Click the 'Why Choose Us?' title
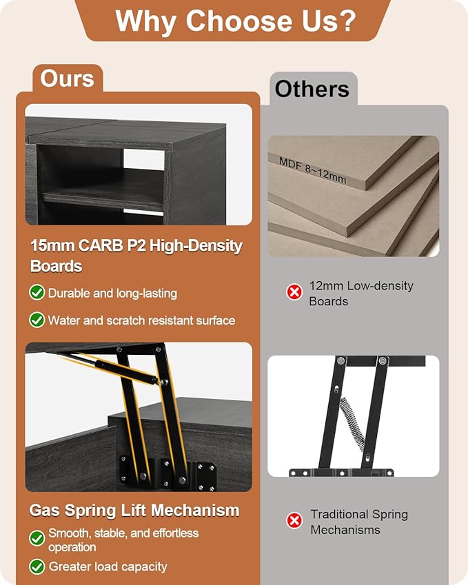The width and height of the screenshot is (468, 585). (236, 21)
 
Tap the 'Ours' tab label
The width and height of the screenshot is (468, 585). (67, 79)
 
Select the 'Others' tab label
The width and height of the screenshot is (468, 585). (312, 89)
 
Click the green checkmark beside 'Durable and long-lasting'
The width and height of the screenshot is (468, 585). (37, 292)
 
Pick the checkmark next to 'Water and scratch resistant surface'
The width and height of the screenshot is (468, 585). (37, 320)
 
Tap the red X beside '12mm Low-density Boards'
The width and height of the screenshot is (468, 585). (294, 291)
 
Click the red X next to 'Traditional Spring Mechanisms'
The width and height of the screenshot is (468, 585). (294, 520)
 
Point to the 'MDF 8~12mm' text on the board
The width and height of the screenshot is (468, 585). (313, 170)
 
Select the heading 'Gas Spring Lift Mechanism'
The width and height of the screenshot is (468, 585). (134, 510)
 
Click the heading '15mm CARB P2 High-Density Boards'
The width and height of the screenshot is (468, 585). (136, 256)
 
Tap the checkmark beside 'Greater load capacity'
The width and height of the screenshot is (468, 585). (37, 566)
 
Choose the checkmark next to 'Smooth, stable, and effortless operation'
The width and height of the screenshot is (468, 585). (37, 538)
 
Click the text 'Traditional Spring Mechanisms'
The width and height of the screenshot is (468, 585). (359, 522)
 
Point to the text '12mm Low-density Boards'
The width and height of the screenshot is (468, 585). (361, 294)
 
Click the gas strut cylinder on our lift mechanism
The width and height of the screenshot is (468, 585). (125, 371)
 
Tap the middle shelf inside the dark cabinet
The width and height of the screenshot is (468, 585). (103, 197)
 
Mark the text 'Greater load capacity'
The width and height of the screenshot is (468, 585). (108, 566)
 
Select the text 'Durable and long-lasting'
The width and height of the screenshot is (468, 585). (113, 294)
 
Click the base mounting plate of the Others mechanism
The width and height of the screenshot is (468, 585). (341, 473)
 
